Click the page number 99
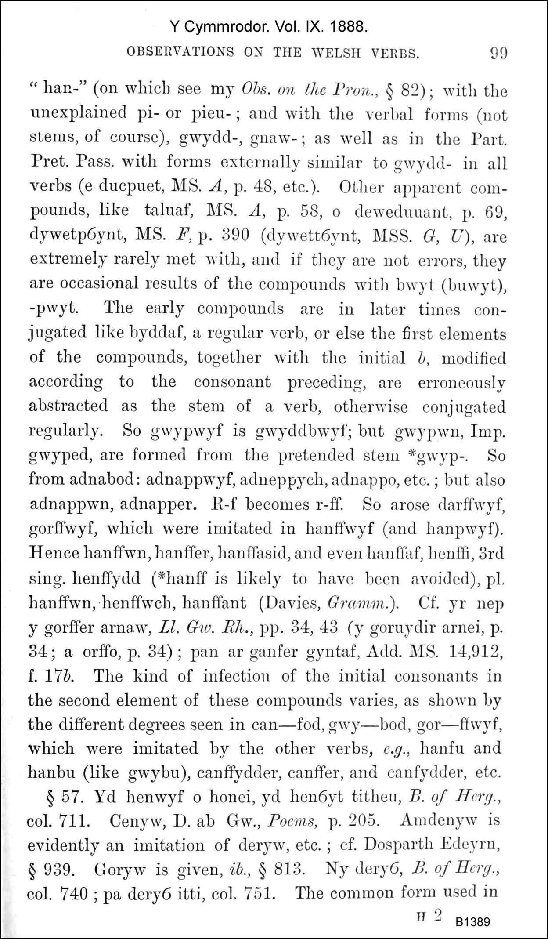point(498,54)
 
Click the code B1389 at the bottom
point(472,921)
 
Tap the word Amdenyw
point(432,820)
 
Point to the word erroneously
point(461,382)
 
